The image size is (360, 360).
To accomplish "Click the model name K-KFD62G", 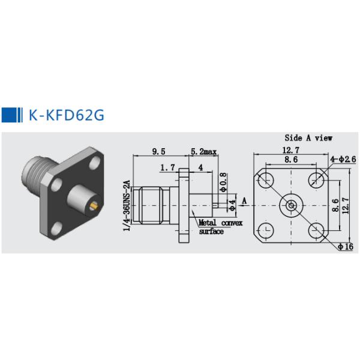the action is click(67, 115).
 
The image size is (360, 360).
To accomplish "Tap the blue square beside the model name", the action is click(9, 115).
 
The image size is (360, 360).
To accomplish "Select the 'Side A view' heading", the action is click(308, 138).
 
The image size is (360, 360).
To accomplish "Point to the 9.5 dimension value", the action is click(158, 152).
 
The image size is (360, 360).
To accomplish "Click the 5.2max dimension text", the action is click(203, 152).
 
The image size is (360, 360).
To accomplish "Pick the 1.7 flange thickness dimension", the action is click(167, 167).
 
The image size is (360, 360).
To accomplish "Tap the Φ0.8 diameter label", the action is click(224, 182).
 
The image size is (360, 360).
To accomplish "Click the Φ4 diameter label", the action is click(232, 205).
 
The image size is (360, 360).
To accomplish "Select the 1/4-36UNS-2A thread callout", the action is click(127, 206).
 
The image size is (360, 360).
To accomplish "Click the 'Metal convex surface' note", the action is click(220, 227).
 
